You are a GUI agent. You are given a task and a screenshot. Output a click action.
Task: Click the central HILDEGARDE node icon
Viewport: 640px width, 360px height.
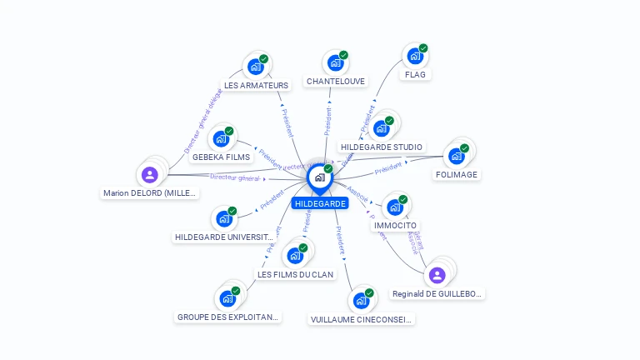pyautogui.click(x=319, y=177)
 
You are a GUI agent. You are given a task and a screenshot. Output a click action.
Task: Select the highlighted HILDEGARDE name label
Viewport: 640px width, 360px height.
pyautogui.click(x=320, y=203)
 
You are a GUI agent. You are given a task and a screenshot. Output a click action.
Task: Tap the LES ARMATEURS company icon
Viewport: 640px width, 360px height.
pyautogui.click(x=255, y=67)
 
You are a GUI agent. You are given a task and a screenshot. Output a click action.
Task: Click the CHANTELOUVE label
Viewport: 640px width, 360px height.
pyautogui.click(x=336, y=82)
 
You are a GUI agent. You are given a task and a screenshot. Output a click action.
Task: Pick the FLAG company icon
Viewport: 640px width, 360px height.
pyautogui.click(x=414, y=57)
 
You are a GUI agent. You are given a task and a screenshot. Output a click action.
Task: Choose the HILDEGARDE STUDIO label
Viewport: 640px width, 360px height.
pyautogui.click(x=382, y=147)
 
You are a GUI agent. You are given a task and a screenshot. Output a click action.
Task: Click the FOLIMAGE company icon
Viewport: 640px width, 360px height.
pyautogui.click(x=456, y=156)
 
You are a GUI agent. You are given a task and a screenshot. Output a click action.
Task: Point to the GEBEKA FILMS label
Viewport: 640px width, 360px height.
pyautogui.click(x=221, y=157)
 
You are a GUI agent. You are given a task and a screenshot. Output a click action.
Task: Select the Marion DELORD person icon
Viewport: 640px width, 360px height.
pyautogui.click(x=150, y=174)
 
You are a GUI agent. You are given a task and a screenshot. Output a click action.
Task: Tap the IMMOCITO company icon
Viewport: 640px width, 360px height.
pyautogui.click(x=394, y=207)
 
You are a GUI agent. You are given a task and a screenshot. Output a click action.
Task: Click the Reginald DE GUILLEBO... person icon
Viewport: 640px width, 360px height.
pyautogui.click(x=437, y=275)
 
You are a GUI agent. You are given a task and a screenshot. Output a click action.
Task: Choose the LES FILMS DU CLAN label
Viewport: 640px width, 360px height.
pyautogui.click(x=295, y=274)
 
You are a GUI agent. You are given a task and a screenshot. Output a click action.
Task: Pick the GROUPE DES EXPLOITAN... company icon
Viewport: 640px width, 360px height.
pyautogui.click(x=227, y=298)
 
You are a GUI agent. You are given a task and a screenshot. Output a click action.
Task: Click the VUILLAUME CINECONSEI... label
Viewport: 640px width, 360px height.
pyautogui.click(x=362, y=319)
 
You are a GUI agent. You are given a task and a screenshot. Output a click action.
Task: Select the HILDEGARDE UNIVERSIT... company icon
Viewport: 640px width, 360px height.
pyautogui.click(x=223, y=219)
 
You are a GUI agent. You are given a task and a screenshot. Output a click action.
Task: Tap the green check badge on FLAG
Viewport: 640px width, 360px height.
pyautogui.click(x=423, y=48)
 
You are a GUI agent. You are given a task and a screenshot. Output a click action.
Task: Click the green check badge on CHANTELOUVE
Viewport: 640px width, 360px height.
pyautogui.click(x=343, y=55)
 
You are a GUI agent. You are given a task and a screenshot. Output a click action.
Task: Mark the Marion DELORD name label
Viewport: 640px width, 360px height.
pyautogui.click(x=150, y=193)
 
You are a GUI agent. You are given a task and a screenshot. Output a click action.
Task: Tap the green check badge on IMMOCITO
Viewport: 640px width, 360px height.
pyautogui.click(x=402, y=200)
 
